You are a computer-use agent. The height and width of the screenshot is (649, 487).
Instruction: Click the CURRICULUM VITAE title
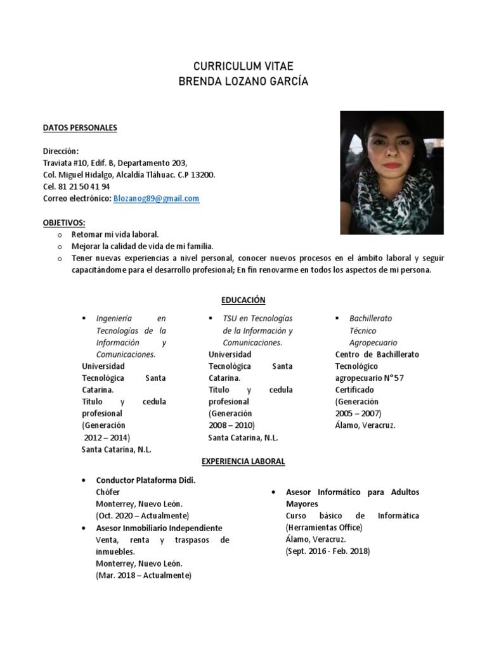[x=243, y=67]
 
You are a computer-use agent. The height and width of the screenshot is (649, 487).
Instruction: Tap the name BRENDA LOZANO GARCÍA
[x=243, y=82]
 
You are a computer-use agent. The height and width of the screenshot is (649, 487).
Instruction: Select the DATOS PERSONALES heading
[x=80, y=128]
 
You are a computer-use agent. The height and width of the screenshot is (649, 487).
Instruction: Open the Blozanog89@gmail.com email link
[x=156, y=198]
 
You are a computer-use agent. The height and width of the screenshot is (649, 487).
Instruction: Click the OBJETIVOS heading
[x=64, y=222]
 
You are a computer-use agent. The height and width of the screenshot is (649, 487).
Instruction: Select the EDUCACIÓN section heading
[x=243, y=300]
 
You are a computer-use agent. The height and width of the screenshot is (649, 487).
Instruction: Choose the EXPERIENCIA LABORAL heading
[x=243, y=462]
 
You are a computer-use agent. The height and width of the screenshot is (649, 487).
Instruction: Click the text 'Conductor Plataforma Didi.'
[x=145, y=480]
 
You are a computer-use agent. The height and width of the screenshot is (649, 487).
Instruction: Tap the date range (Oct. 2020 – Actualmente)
[x=142, y=516]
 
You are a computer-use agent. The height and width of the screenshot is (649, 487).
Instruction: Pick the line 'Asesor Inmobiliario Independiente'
[x=159, y=528]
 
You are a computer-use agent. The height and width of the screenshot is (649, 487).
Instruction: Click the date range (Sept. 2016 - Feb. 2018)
[x=328, y=551]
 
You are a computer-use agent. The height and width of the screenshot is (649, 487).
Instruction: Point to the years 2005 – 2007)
[x=358, y=413]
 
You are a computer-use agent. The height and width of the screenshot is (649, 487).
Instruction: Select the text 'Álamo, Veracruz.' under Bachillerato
[x=365, y=425]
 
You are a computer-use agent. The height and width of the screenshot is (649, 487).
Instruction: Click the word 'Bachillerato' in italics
[x=371, y=318]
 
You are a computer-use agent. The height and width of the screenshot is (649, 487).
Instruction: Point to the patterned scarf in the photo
[x=393, y=203]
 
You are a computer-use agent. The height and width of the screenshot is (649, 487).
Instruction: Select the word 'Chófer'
[x=107, y=492]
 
